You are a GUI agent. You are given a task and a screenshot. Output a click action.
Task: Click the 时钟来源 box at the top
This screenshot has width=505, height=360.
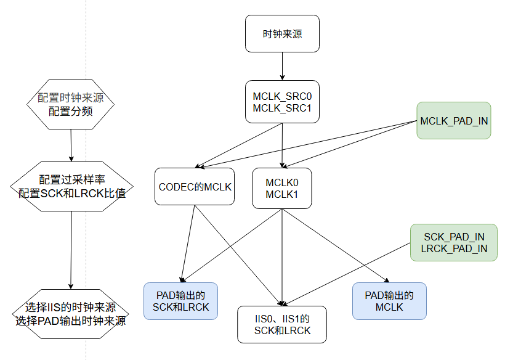(x=282, y=34)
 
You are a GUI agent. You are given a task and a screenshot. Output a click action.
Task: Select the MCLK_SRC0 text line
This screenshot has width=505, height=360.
(x=282, y=97)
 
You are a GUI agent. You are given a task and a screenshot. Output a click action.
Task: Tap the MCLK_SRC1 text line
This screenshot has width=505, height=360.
(x=282, y=108)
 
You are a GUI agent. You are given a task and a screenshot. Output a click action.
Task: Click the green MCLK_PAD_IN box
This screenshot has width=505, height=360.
(x=454, y=121)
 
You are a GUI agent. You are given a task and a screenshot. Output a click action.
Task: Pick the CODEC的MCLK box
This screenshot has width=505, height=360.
(x=195, y=186)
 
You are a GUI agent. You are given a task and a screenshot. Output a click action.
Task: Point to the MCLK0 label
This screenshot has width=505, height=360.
(x=282, y=182)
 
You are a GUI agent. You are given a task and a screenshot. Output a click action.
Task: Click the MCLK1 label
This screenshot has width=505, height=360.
(x=282, y=194)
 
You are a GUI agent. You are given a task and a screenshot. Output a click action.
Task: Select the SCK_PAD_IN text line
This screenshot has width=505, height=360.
(x=454, y=237)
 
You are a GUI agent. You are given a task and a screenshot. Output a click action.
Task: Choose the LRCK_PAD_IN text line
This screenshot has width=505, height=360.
(x=454, y=248)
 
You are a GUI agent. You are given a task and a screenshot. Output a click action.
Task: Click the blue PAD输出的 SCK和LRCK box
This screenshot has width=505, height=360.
(x=181, y=301)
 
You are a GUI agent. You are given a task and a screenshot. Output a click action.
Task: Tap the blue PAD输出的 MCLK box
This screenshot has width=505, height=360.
(x=389, y=301)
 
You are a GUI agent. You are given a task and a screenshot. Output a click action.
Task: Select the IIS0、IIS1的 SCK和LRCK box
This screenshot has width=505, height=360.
(x=282, y=325)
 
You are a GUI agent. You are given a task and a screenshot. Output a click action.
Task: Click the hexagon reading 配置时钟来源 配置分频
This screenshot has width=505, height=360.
(x=71, y=104)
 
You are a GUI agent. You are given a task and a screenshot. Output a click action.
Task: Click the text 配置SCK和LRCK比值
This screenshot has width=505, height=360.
(x=73, y=193)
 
